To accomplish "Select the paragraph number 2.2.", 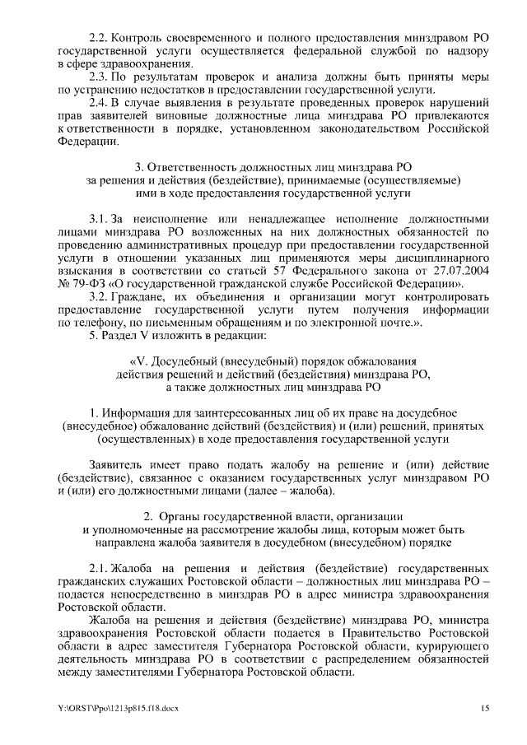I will [x=98, y=38].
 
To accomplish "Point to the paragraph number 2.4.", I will [x=98, y=102].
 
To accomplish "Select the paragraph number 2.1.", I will [x=98, y=568].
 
